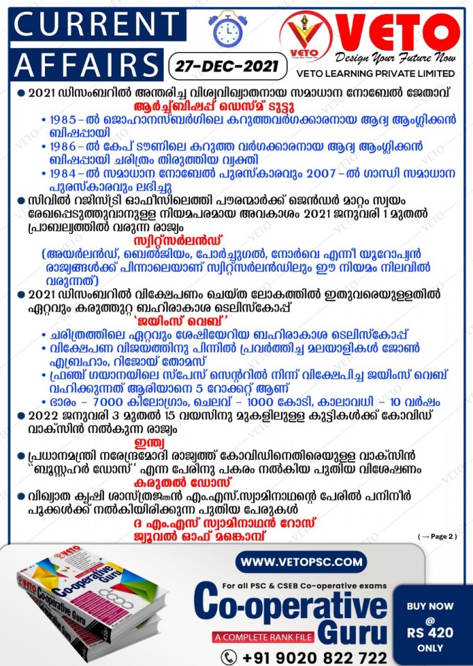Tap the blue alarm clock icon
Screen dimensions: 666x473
tap(225, 30)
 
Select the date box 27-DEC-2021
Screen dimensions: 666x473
tap(227, 67)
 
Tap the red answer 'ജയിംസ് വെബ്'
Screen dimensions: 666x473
tap(236, 321)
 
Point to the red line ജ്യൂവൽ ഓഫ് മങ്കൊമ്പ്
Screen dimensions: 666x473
tap(236, 536)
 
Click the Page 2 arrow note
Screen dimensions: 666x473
tap(438, 536)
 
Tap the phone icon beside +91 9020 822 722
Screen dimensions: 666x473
tap(229, 656)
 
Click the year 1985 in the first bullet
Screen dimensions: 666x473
tap(64, 119)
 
